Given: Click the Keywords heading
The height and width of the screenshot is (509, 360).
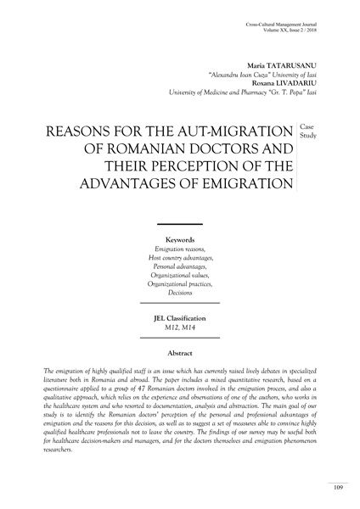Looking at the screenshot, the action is tap(179, 240).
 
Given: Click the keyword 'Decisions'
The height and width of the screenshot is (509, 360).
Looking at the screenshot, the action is tap(179, 291).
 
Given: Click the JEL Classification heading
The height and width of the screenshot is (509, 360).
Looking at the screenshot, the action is tap(179, 317).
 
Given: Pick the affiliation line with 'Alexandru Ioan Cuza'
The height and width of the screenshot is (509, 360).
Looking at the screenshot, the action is tap(273, 74).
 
